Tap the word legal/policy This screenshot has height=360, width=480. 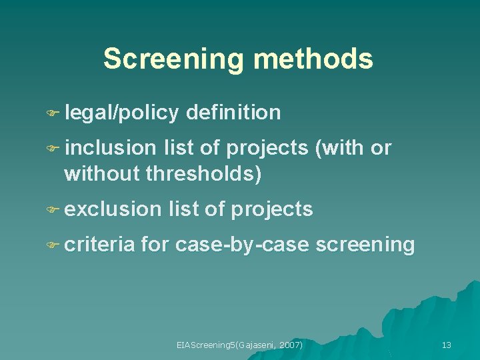click(x=122, y=113)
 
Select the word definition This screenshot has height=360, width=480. click(x=234, y=113)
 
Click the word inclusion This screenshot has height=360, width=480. click(x=110, y=147)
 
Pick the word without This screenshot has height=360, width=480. click(x=102, y=175)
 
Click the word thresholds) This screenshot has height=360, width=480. click(x=203, y=175)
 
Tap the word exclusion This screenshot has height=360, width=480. click(x=113, y=209)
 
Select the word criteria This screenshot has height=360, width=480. click(x=100, y=245)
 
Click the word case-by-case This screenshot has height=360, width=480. click(x=242, y=245)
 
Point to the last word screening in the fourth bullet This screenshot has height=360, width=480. click(x=365, y=245)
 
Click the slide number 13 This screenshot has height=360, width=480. click(x=447, y=345)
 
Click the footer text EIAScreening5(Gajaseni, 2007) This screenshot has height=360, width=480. click(x=239, y=345)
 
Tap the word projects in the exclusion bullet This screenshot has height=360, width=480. click(x=271, y=209)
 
